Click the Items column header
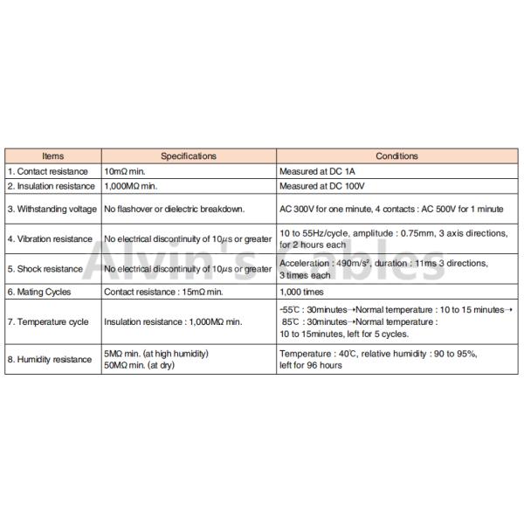pos(52,155)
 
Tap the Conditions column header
pos(396,155)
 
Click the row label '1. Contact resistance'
pos(49,171)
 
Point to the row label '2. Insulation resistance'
pos(51,186)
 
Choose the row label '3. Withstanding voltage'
pos(52,210)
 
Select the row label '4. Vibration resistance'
pos(50,238)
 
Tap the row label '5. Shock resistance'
pos(45,269)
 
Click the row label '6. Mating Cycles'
pos(40,292)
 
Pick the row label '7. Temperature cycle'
pos(48,322)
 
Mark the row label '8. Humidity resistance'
pos(49,359)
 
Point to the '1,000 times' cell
pos(302,292)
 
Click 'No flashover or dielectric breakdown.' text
pos(175,210)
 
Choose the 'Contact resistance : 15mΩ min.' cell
pos(169,292)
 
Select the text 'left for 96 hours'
pos(311,365)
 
